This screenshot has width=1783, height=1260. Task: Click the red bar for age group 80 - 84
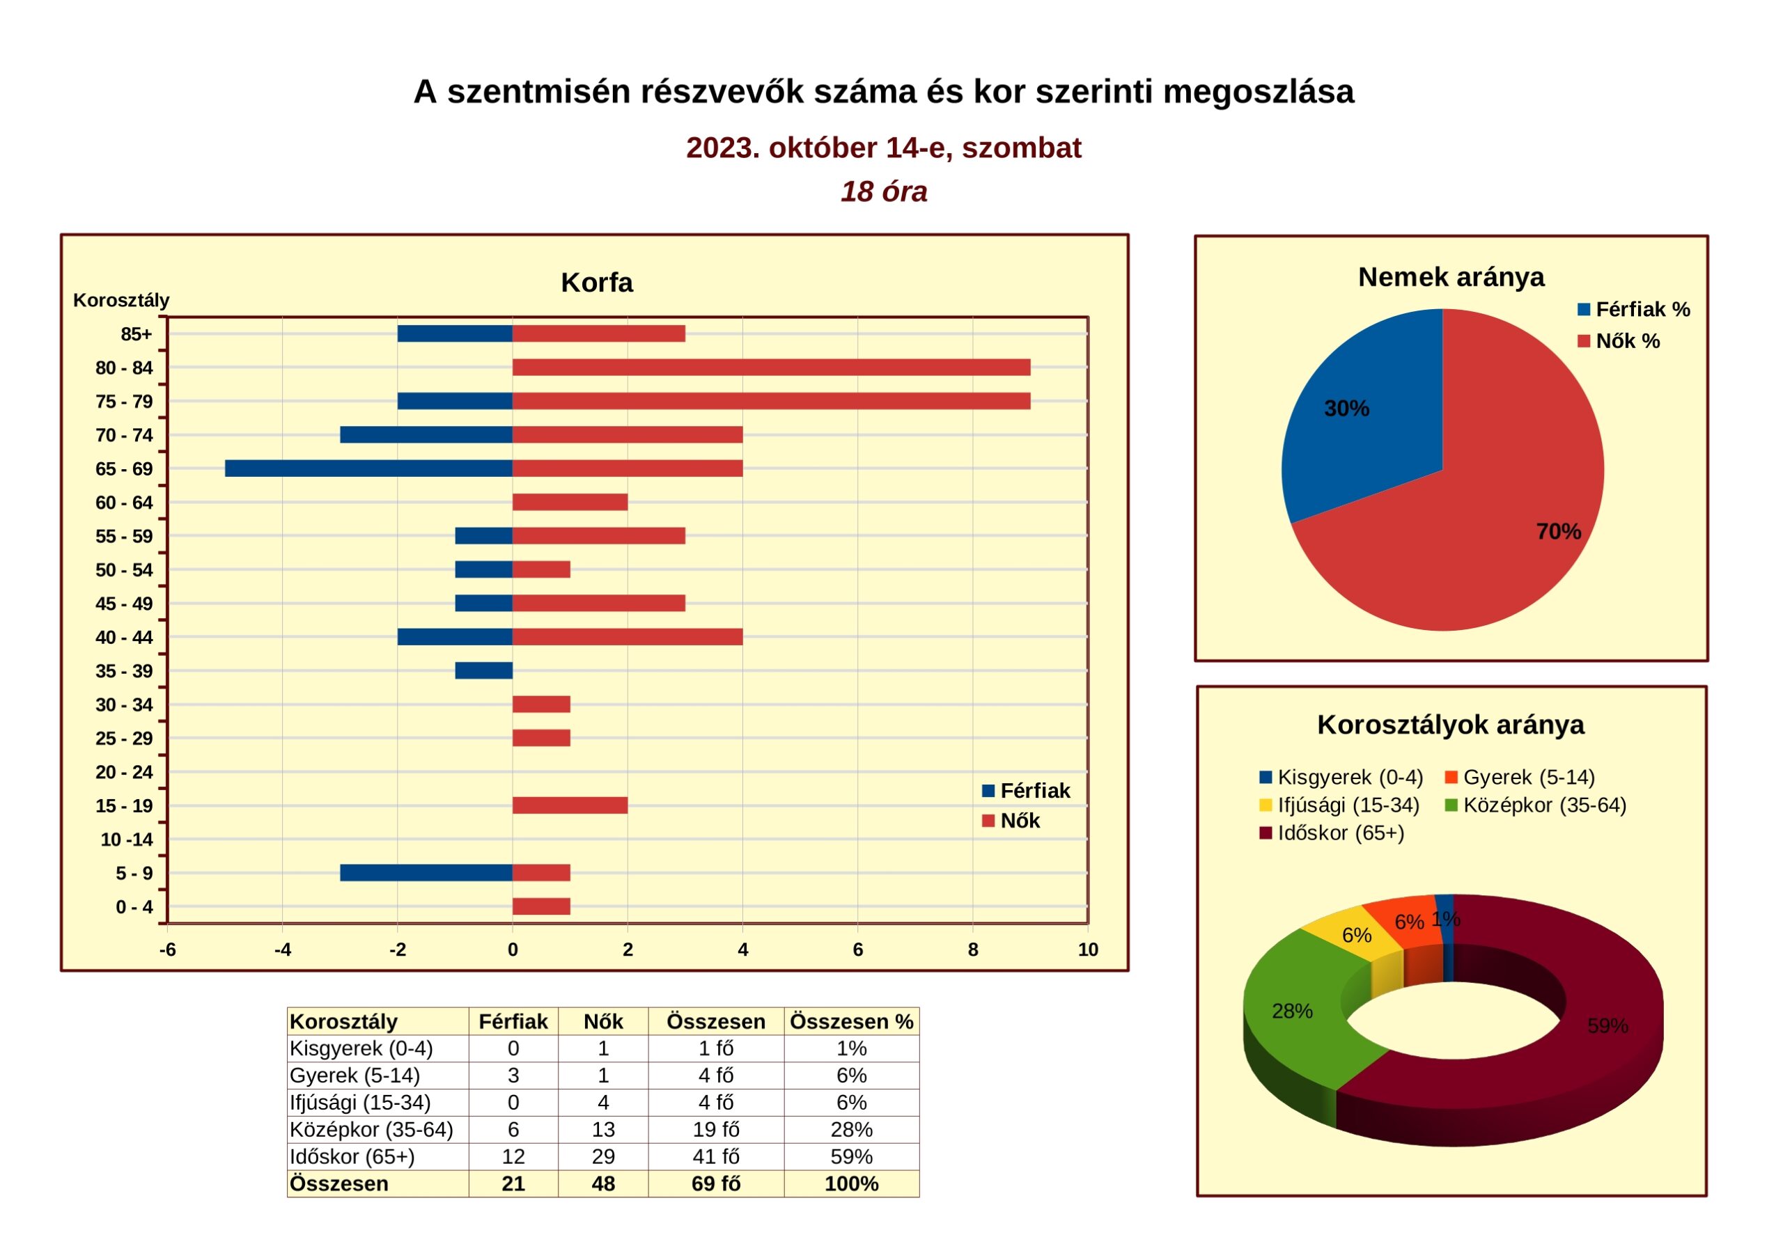pyautogui.click(x=771, y=367)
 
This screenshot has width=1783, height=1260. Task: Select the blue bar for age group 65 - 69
pyautogui.click(x=369, y=468)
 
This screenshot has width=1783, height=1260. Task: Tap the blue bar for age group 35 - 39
pyautogui.click(x=484, y=671)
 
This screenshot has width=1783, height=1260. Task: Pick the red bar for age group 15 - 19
pyautogui.click(x=570, y=805)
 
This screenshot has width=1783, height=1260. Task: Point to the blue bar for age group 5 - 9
pyautogui.click(x=426, y=873)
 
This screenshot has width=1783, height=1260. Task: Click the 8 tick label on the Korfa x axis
pyautogui.click(x=973, y=950)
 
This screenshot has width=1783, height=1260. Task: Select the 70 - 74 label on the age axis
pyautogui.click(x=124, y=435)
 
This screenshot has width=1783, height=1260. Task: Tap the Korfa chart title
pyautogui.click(x=596, y=283)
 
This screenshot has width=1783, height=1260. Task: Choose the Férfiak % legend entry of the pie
pyautogui.click(x=1634, y=310)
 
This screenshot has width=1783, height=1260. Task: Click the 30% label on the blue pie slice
pyautogui.click(x=1346, y=409)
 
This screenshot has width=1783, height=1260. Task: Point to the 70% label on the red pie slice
pyautogui.click(x=1559, y=531)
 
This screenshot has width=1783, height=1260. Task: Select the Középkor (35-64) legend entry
pyautogui.click(x=1535, y=805)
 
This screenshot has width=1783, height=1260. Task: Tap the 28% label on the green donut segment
pyautogui.click(x=1292, y=1011)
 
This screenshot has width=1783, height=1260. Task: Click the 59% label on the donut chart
pyautogui.click(x=1607, y=1025)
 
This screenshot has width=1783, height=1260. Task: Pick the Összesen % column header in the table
pyautogui.click(x=851, y=1022)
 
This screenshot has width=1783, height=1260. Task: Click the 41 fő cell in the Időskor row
pyautogui.click(x=715, y=1157)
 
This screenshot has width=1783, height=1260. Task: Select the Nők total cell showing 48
pyautogui.click(x=603, y=1184)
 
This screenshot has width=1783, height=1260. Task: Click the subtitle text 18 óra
pyautogui.click(x=884, y=191)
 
